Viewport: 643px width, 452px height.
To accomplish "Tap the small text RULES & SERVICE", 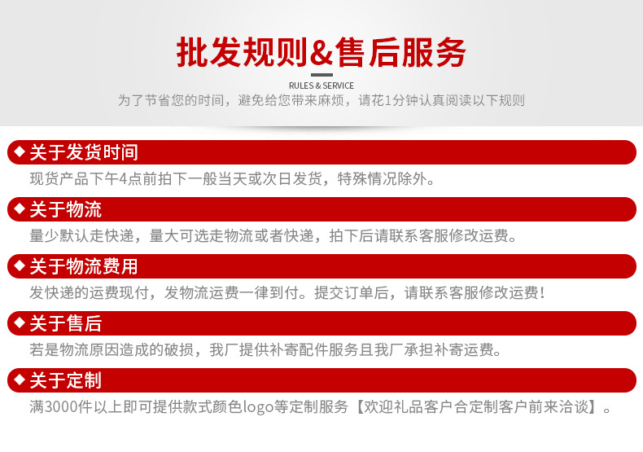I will pos(321,86).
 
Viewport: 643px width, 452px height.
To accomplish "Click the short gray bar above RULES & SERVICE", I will pos(321,75).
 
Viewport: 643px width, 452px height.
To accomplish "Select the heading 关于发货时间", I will pos(84,152).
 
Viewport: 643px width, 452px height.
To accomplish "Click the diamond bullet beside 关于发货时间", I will pos(20,151).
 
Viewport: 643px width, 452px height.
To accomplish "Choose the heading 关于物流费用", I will pos(84,266).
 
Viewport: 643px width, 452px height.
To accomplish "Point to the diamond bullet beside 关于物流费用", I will pos(20,265).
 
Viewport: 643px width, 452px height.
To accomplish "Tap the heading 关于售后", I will pos(66,323).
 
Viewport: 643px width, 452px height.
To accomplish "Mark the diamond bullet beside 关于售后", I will pos(20,323).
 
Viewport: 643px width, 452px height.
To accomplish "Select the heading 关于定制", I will pos(66,380).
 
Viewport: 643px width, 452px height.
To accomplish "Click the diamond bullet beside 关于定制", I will pos(20,380).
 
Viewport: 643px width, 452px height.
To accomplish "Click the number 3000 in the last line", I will pos(64,406).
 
